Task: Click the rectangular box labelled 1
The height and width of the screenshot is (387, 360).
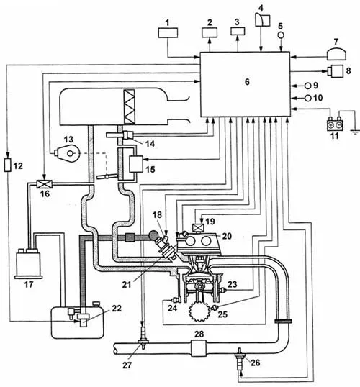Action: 168,33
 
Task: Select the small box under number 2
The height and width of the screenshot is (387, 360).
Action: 210,32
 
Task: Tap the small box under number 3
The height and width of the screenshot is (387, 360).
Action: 238,31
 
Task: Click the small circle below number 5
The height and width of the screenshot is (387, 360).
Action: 281,35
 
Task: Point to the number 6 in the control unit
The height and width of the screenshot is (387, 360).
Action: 247,82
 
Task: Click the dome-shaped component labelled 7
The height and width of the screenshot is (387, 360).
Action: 336,54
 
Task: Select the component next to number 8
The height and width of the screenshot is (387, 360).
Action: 336,71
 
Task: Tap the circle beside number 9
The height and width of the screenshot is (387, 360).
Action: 308,86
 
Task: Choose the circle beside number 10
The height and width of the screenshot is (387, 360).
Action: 308,99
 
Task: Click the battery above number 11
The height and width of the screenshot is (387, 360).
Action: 334,124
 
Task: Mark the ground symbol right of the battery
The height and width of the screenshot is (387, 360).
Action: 355,132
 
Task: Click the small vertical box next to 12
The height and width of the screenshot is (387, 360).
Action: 8,165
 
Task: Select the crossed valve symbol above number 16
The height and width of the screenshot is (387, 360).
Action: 45,184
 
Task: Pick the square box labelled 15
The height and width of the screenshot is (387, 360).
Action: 136,164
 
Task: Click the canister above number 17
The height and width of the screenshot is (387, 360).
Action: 28,263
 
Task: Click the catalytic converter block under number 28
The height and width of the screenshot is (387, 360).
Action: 199,348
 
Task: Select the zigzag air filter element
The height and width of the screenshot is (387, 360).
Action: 130,106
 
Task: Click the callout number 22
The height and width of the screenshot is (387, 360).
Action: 117,308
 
